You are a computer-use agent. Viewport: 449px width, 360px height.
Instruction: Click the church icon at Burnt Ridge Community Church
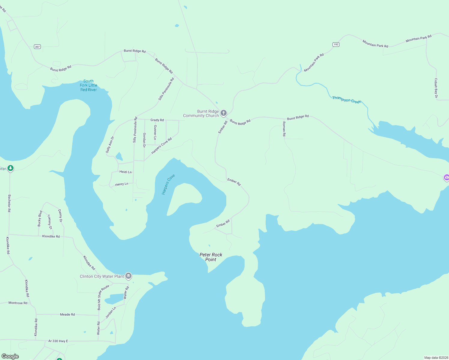[223, 113]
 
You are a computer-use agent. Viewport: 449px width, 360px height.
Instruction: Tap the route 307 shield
[37, 46]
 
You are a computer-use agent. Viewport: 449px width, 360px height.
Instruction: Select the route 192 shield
[336, 44]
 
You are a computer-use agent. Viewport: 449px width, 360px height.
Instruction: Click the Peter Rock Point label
[211, 257]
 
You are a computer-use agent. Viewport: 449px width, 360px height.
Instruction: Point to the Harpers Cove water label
[168, 184]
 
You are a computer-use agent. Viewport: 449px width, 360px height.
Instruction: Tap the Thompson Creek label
[347, 100]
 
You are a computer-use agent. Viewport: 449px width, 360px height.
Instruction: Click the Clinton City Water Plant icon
[128, 276]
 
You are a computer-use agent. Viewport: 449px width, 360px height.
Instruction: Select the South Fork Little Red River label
[88, 85]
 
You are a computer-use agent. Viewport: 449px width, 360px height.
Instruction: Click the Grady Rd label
[157, 120]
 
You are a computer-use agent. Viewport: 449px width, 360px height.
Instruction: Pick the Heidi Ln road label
[125, 172]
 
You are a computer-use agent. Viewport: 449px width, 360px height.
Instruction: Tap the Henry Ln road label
[122, 184]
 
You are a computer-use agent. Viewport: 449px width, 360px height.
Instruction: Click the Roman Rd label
[284, 129]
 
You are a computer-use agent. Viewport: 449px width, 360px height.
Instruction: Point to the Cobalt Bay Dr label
[436, 88]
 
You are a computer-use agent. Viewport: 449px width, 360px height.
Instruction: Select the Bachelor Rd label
[9, 203]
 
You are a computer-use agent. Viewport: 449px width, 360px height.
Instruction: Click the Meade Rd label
[67, 314]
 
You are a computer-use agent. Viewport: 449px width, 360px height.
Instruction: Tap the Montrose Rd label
[18, 303]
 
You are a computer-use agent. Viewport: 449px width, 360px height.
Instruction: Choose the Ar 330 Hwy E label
[58, 341]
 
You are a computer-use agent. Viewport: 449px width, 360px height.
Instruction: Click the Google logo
[10, 356]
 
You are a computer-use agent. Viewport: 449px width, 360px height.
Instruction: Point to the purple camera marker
[447, 178]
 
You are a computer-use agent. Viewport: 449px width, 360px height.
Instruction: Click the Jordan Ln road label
[110, 313]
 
